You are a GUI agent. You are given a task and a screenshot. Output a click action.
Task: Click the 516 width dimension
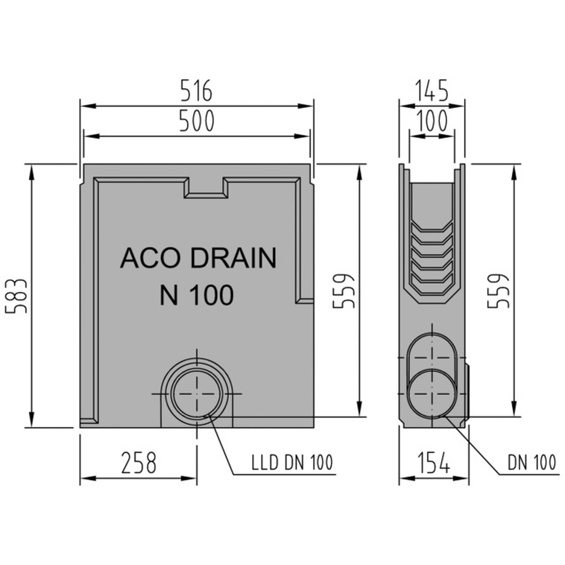tap(196, 90)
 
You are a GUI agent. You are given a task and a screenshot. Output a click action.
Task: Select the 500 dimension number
tap(197, 121)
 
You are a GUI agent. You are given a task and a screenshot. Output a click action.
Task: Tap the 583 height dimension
tap(16, 295)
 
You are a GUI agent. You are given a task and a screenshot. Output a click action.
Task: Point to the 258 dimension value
tap(139, 463)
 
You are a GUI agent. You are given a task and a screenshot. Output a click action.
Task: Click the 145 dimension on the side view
tap(432, 90)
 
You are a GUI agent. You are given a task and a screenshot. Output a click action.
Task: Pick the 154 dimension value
tap(434, 463)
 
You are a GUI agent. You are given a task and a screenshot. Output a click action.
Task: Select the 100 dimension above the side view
tap(432, 121)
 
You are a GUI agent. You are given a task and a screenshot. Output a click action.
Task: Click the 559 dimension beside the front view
tap(344, 291)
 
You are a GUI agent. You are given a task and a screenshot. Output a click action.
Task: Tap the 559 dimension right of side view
tap(498, 291)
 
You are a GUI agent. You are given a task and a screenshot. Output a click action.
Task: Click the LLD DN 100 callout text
tap(292, 463)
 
